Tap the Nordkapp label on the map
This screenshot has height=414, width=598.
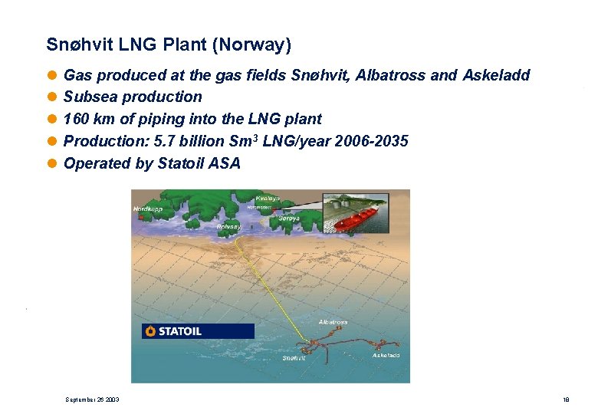tap(148, 209)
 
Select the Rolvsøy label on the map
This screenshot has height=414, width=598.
tap(229, 227)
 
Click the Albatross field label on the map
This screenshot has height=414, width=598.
tap(333, 322)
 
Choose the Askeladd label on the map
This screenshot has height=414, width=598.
tap(386, 355)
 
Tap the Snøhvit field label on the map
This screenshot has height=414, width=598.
tap(294, 358)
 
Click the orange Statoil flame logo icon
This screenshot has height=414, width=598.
tap(150, 331)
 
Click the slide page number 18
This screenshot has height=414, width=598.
tap(565, 399)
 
